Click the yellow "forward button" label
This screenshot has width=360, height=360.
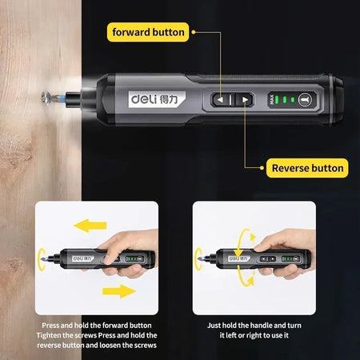150,33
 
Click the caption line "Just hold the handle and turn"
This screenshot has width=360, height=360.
254,326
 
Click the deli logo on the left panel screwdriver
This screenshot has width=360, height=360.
83,258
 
